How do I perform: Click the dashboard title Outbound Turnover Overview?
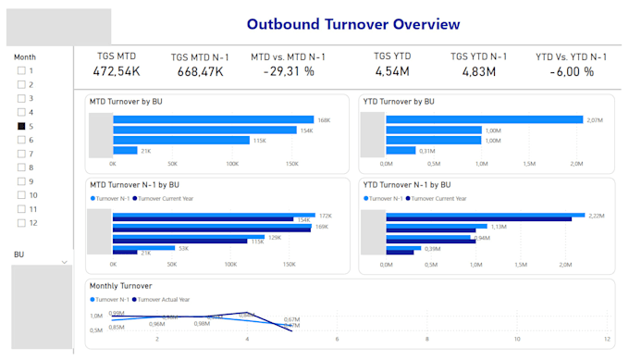[x=353, y=23]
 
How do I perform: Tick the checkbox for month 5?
[x=22, y=126]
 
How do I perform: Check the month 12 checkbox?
[x=22, y=223]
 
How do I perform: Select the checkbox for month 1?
[x=22, y=70]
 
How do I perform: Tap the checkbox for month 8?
[x=22, y=168]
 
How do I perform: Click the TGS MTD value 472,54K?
[x=117, y=71]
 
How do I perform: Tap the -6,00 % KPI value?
[x=572, y=71]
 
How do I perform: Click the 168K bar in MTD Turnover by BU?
[x=212, y=119]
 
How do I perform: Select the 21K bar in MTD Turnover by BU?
[x=125, y=150]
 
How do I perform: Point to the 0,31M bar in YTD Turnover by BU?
[x=401, y=150]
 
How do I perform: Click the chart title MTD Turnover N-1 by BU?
[x=134, y=185]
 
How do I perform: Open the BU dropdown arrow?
[x=65, y=262]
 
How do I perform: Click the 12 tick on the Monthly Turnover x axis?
[x=606, y=338]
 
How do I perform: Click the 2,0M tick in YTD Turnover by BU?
[x=576, y=164]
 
